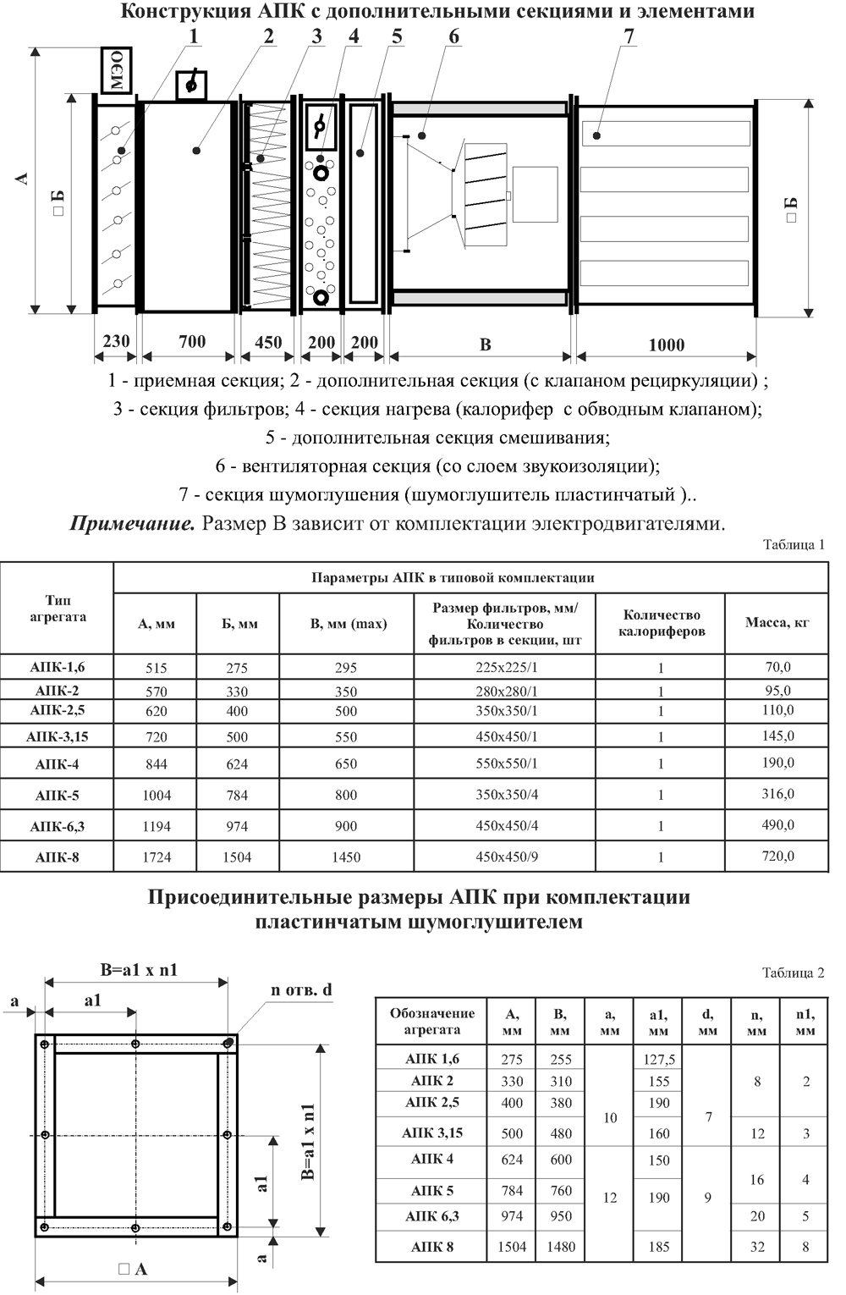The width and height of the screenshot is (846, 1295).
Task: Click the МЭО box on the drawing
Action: point(117,72)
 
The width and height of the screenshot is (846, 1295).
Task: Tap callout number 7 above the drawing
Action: point(629,36)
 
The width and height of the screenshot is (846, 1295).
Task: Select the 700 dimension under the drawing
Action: point(192,342)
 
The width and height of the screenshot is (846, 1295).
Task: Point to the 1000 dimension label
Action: point(666,345)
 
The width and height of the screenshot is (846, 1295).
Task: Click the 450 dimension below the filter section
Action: point(268,343)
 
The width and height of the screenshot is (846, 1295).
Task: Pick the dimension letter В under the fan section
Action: point(485,345)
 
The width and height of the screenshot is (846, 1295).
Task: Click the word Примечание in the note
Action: point(133,523)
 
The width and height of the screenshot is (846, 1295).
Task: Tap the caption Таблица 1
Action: point(793,545)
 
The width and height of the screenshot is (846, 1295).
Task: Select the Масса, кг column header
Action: point(777,623)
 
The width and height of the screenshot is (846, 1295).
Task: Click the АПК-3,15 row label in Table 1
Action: point(57,736)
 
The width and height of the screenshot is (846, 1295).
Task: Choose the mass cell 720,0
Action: point(777,856)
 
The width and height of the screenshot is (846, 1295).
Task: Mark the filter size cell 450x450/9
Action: point(506,857)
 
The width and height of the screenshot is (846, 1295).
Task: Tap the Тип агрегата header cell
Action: point(57,609)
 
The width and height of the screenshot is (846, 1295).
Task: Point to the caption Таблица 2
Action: point(793,973)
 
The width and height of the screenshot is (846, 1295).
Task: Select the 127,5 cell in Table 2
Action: point(658,1059)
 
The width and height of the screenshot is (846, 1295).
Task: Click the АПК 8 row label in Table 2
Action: point(431,1246)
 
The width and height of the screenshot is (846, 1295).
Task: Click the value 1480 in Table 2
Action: point(560,1246)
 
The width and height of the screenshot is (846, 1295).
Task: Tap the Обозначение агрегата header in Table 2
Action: point(431,1022)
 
